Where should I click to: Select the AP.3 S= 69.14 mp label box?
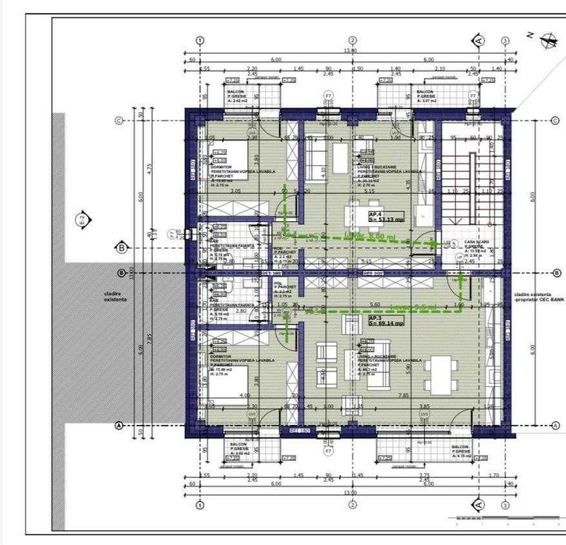pos(386,321)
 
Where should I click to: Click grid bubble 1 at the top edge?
pos(200,40)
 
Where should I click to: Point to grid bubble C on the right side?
pos(555,121)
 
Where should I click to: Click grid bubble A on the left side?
pos(119,425)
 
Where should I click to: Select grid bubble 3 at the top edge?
pos(505,40)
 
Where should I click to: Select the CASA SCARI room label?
pos(475,243)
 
